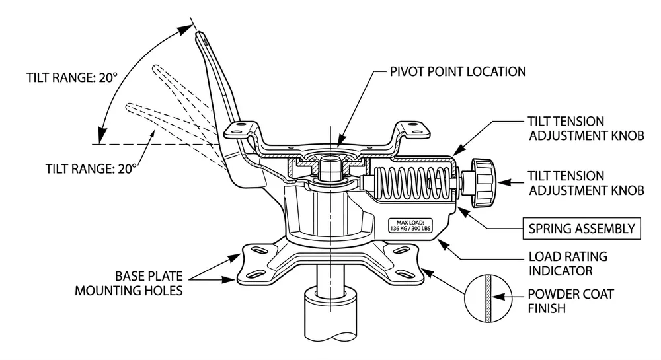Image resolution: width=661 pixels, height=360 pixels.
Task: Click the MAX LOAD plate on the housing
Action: coord(409,225)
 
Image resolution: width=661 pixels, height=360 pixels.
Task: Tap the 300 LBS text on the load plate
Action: coord(420,229)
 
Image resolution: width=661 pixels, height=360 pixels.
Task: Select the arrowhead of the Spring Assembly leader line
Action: coord(458,206)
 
